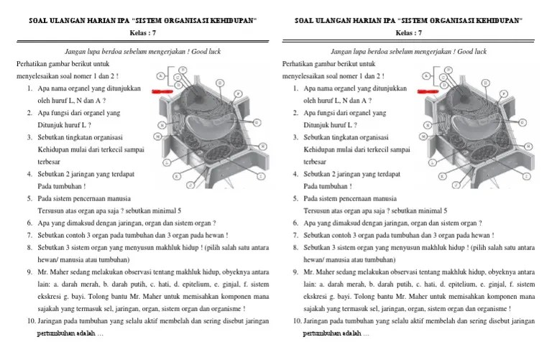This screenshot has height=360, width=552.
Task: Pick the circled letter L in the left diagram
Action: click(x=167, y=163)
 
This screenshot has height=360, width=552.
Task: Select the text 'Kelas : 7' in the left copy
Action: click(x=137, y=33)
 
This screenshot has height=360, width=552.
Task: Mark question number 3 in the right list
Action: click(x=296, y=137)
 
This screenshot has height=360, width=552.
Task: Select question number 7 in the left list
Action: click(x=29, y=235)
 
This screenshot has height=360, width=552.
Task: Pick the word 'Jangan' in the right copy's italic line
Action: click(x=341, y=52)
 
